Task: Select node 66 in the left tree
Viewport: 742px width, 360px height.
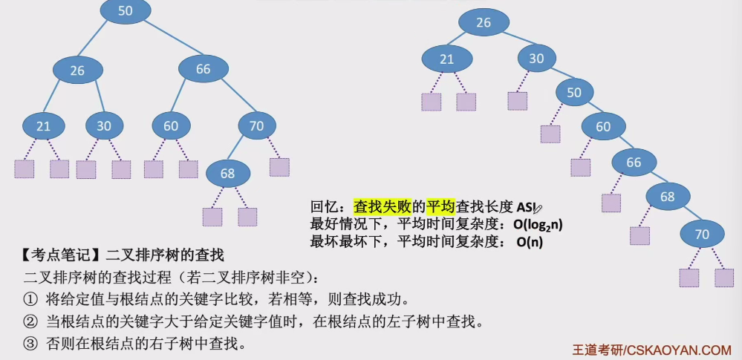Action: pos(203,69)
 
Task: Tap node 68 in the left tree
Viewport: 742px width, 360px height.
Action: pos(227,174)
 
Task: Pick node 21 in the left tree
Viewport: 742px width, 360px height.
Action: pos(43,126)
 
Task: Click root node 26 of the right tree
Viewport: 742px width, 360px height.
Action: pos(484,22)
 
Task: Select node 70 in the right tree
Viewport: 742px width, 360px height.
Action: pos(701,234)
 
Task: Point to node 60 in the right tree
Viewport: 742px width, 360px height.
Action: pos(603,127)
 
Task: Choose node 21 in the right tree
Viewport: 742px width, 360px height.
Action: pos(446,59)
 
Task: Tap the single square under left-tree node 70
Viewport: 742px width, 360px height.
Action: pos(279,166)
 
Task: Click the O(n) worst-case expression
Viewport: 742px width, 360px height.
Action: pos(530,241)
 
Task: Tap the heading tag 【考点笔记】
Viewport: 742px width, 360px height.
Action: pos(59,256)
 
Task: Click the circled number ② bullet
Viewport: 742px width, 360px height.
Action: pos(30,323)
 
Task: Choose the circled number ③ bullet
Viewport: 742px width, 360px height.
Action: pos(30,344)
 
